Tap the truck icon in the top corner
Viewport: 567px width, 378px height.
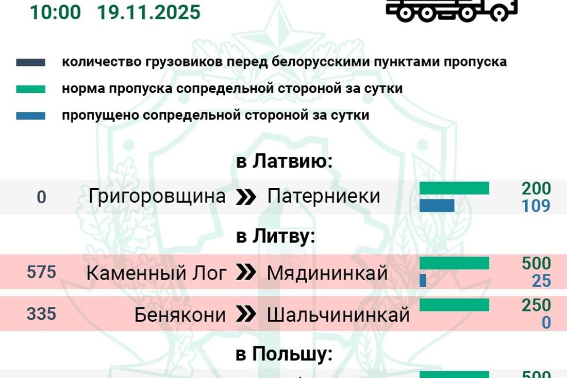tap(452, 10)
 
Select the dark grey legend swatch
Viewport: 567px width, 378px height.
tap(30, 62)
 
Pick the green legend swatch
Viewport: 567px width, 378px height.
tap(30, 89)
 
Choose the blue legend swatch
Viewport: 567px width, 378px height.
tap(30, 116)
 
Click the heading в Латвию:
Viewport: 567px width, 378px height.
tap(285, 161)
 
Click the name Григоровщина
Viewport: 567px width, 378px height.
tap(157, 196)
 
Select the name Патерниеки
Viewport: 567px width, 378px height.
tap(324, 196)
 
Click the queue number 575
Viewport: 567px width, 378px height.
tap(41, 272)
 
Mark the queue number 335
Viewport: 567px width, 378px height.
tap(41, 313)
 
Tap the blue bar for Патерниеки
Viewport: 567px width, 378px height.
tap(437, 205)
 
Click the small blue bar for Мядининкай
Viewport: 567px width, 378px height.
tap(423, 280)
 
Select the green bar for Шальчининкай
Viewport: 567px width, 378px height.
tap(454, 305)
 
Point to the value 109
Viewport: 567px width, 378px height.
tap(536, 206)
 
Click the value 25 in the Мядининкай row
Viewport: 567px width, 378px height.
tap(542, 281)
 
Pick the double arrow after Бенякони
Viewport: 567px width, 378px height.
tap(246, 315)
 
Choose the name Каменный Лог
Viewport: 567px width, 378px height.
tap(157, 273)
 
